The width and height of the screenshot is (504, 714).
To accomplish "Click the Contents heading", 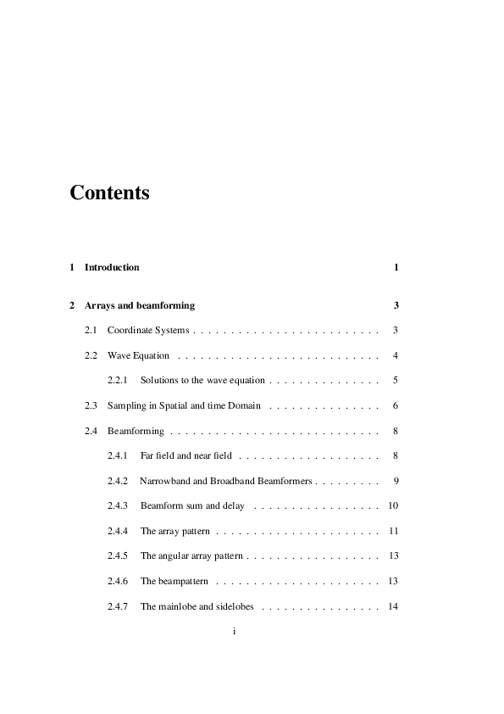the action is [109, 192].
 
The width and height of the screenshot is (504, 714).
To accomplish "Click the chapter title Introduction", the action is [112, 267].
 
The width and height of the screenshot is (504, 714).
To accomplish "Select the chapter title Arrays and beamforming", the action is [140, 305].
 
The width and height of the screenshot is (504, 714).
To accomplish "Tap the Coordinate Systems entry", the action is [148, 329].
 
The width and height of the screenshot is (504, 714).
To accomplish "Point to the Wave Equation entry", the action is [138, 355].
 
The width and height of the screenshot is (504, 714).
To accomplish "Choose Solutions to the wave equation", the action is [202, 381].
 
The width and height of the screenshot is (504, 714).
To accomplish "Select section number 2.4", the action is [91, 432].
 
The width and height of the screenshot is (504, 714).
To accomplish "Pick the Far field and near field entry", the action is [186, 456].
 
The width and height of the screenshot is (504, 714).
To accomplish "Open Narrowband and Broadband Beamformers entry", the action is [225, 481].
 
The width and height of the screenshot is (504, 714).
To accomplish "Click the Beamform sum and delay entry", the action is [192, 506].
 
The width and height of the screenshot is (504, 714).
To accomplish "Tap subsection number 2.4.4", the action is [118, 531].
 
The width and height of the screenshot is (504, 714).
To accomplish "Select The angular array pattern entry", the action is [191, 556].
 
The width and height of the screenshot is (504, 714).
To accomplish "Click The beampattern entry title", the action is [174, 581].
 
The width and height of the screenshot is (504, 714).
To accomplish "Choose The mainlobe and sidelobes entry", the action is [197, 606].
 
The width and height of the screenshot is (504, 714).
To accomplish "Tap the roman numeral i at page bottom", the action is [234, 632].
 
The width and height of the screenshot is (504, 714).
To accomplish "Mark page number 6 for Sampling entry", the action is [396, 406].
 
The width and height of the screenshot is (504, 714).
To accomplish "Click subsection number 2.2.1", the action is [118, 381].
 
